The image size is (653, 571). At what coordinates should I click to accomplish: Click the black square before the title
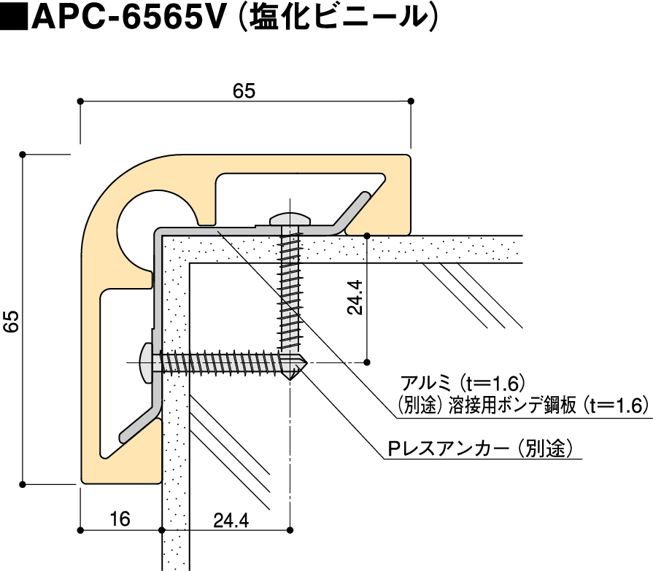(15, 18)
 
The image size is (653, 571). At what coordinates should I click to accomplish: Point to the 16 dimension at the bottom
(120, 519)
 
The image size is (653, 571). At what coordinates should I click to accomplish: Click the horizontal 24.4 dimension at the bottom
(231, 520)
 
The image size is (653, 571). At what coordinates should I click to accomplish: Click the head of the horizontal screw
(147, 362)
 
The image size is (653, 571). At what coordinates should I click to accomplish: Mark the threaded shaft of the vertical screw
(290, 292)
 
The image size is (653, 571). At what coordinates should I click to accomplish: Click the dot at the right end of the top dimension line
(410, 101)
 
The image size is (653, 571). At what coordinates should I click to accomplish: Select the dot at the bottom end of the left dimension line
(23, 483)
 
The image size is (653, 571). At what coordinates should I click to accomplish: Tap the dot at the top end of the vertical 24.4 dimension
(367, 236)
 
